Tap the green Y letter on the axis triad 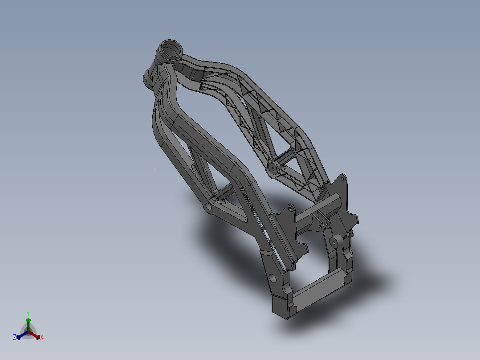[x=28, y=313]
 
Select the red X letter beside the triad [x=42, y=338]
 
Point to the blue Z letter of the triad [x=15, y=337]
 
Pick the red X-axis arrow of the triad [x=36, y=335]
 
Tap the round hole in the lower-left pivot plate [x=273, y=279]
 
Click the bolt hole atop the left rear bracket [x=291, y=208]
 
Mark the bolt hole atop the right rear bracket [x=342, y=179]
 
